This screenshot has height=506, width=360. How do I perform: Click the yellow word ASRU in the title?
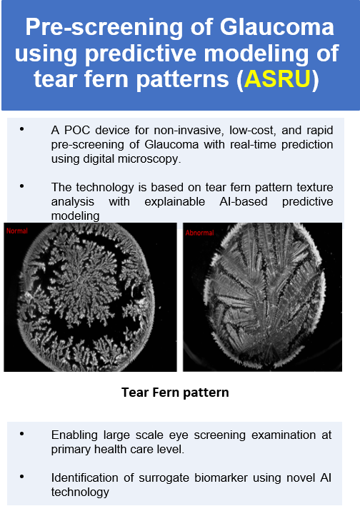tap(277, 79)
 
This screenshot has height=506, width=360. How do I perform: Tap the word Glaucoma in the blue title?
tap(276, 27)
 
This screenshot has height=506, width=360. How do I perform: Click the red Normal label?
tap(17, 231)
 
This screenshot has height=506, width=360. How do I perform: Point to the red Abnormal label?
tap(199, 233)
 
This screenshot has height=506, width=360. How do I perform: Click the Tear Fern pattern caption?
tap(175, 393)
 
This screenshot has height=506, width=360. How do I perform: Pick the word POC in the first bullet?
tap(76, 130)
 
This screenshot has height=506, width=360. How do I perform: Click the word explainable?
tap(174, 202)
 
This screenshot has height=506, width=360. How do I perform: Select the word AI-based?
tap(244, 201)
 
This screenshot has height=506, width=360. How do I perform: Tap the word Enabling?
tap(74, 435)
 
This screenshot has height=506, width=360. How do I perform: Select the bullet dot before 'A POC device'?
tap(22, 129)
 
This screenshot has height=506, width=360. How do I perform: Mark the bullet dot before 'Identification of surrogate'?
tap(22, 477)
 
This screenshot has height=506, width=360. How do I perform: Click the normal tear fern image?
tap(90, 297)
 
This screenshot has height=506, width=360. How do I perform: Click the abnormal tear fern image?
tap(262, 297)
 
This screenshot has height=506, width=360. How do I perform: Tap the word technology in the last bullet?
tap(80, 492)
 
